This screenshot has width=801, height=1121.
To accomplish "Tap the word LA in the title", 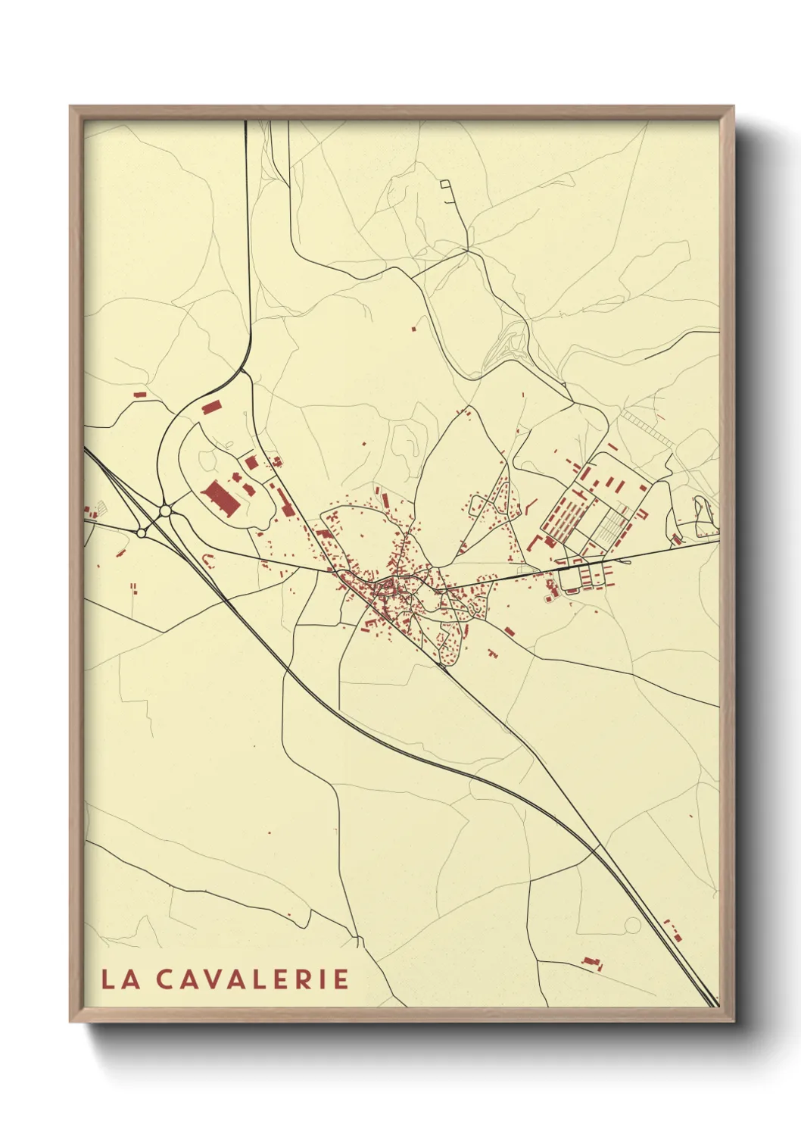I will pos(120,979).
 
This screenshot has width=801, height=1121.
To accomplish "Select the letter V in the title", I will pos(206,979).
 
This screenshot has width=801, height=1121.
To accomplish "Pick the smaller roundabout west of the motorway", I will pos(141,533).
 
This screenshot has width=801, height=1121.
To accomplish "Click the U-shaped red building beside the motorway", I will pos(208,559).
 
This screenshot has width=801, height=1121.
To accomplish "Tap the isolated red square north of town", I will pos(413,328).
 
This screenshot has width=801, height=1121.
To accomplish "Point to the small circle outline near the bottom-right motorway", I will pos(632,925).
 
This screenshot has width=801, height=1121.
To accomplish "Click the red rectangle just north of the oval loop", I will pos(210,407).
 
